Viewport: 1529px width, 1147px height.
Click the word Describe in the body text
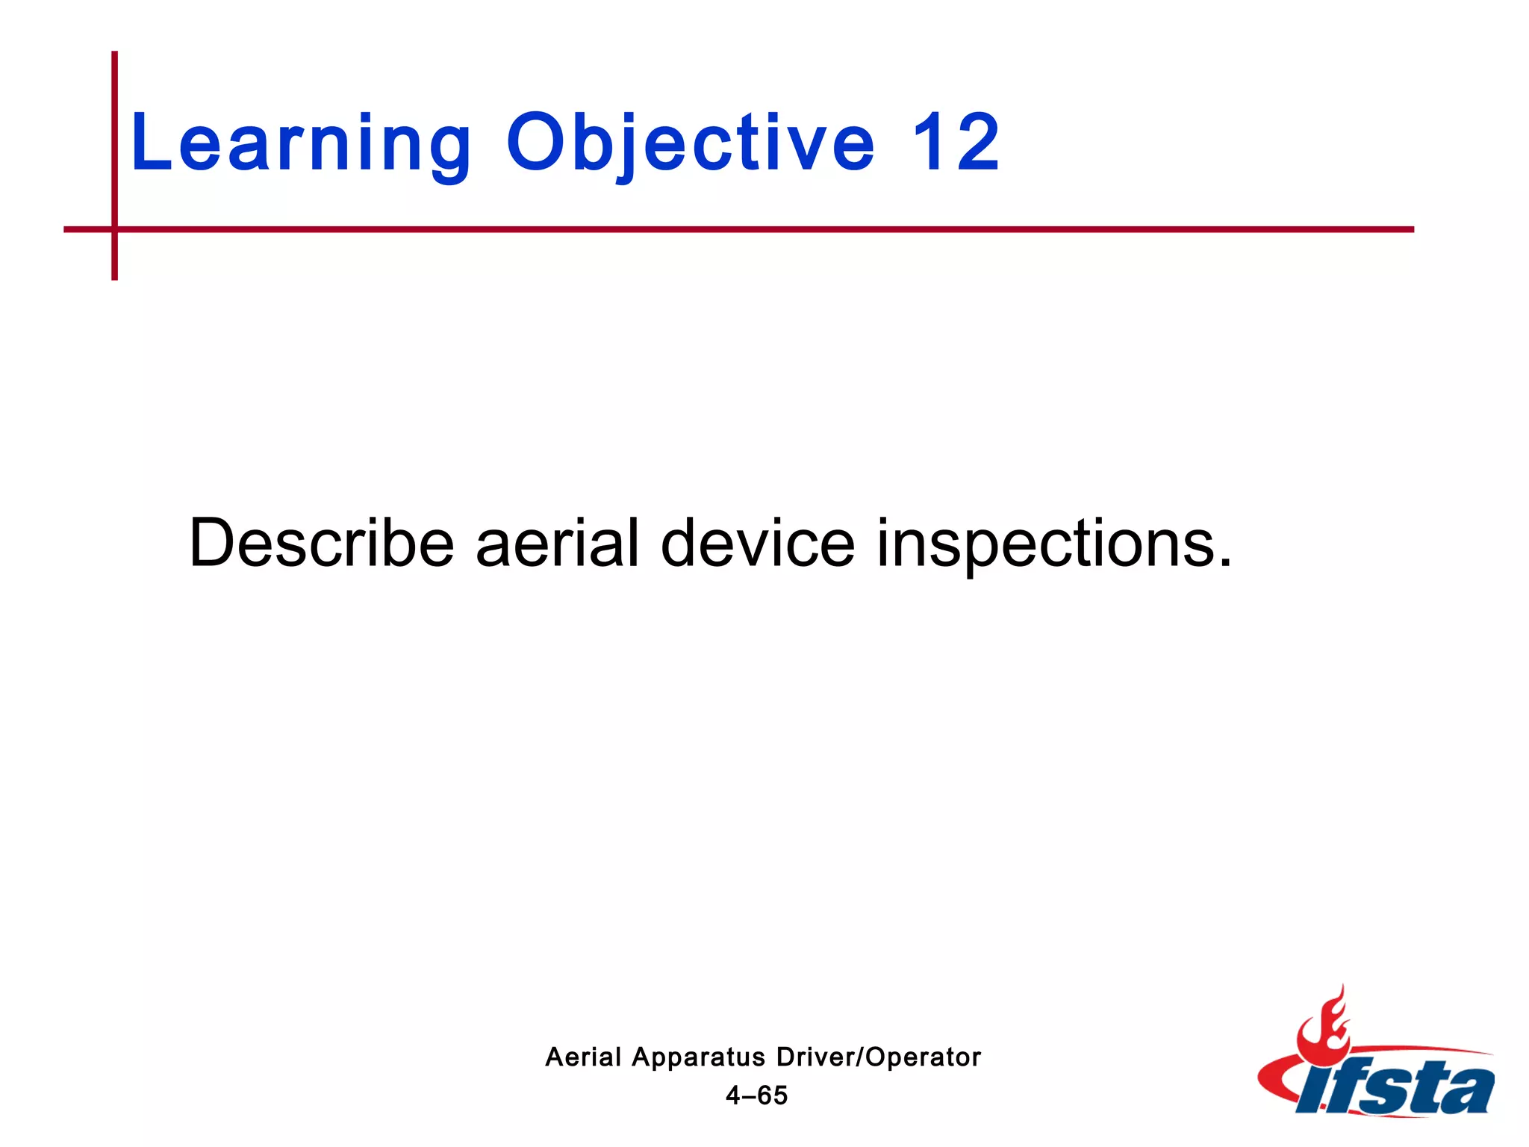[321, 543]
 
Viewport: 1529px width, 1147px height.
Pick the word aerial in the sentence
[557, 543]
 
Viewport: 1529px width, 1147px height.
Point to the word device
[757, 543]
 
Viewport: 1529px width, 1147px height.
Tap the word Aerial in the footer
[583, 1057]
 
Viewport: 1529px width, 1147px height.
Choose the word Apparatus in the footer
[698, 1058]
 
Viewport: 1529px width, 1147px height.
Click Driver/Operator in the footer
[878, 1057]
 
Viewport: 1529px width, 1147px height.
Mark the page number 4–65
[756, 1095]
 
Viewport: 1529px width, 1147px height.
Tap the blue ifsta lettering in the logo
[1396, 1089]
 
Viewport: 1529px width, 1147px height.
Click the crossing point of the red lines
[114, 229]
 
